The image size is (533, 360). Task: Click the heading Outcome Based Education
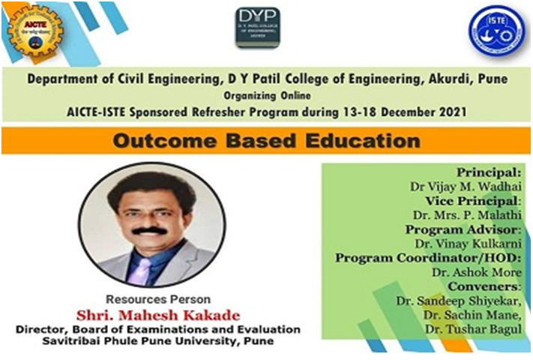(265, 140)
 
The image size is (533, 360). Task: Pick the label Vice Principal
(472, 200)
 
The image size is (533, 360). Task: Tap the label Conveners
(486, 286)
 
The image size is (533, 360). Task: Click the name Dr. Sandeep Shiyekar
(458, 301)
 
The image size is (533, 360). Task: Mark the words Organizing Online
(267, 95)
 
